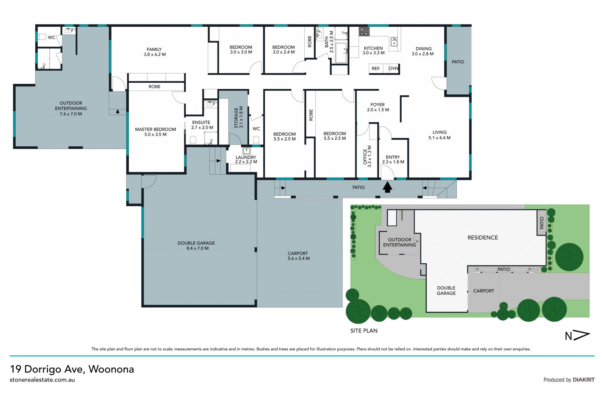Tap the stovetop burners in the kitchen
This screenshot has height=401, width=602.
364,31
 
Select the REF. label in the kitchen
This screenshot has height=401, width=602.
376,68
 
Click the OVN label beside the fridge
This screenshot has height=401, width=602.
393,68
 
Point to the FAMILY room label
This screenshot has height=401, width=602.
154,49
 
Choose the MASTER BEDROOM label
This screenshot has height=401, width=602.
156,129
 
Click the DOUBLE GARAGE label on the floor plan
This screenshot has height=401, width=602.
196,243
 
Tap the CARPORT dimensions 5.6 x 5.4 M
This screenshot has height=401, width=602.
298,258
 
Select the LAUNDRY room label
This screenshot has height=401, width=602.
246,157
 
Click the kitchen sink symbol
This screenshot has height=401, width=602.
394,42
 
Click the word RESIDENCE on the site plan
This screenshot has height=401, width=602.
483,238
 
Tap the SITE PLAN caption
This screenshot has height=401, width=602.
364,330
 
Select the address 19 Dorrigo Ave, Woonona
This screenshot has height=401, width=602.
72,369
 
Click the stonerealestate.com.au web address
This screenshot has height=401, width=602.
42,380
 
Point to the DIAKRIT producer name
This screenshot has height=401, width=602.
584,380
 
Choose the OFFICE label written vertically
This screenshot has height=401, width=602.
365,157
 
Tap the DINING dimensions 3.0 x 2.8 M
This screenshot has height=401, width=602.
423,54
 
